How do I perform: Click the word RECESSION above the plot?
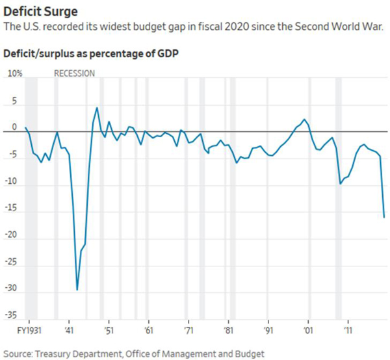pyautogui.click(x=74, y=73)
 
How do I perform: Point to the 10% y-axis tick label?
pyautogui.click(x=14, y=73)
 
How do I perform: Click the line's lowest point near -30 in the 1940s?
pyautogui.click(x=77, y=290)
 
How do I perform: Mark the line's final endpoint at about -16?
pyautogui.click(x=384, y=217)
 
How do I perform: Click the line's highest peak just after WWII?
pyautogui.click(x=97, y=108)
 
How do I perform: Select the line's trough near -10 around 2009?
pyautogui.click(x=340, y=184)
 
